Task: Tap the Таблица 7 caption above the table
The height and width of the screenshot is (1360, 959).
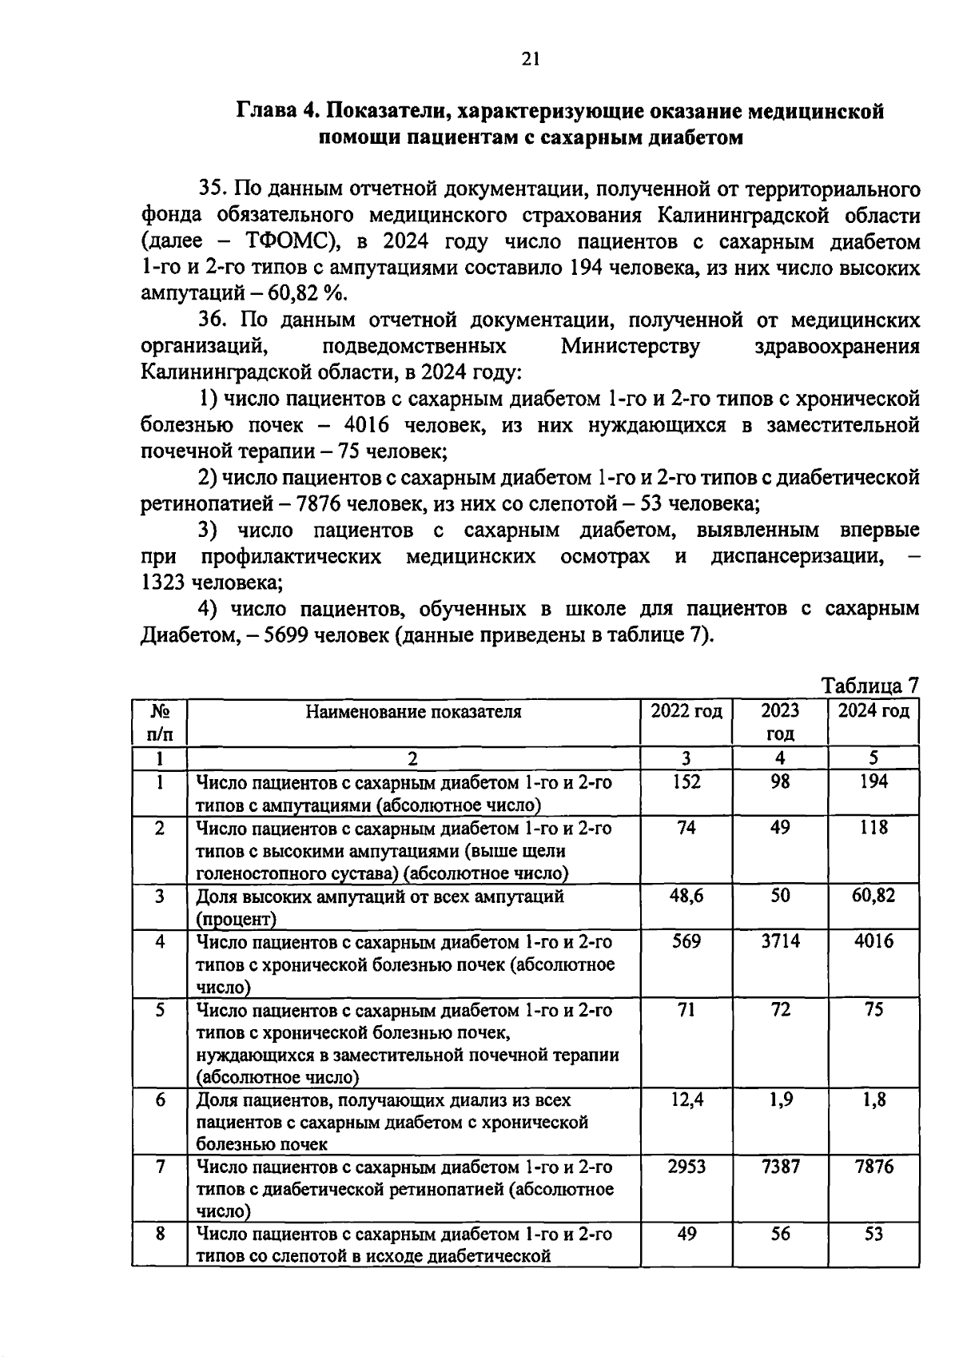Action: point(870,686)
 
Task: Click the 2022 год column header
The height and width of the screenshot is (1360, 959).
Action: point(686,711)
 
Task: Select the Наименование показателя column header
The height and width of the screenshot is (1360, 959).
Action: point(413,711)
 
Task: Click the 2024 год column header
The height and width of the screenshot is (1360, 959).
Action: point(873,711)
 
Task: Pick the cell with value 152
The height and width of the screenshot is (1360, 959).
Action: point(686,782)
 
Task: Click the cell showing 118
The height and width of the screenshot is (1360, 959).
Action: point(873,828)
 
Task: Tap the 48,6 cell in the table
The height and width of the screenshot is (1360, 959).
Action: point(686,896)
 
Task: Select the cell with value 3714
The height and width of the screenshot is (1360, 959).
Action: point(780,941)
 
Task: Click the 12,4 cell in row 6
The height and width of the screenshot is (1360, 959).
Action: point(686,1100)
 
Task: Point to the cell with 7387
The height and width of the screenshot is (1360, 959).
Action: point(780,1167)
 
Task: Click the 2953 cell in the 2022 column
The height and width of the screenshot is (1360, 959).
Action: point(686,1167)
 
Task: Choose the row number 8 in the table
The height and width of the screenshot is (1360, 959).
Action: point(160,1234)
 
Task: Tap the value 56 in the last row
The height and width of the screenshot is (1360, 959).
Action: point(780,1234)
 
